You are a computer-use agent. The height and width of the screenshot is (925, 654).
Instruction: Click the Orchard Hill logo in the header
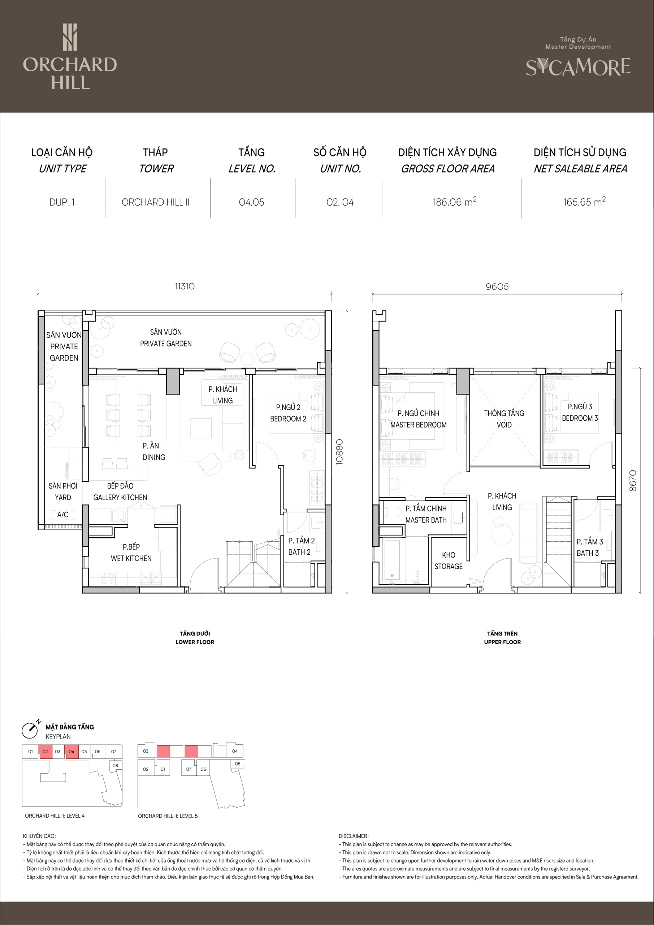[70, 57]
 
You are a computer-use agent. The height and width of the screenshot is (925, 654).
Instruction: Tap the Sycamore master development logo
[578, 57]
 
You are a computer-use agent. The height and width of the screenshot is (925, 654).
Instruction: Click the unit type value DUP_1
[62, 202]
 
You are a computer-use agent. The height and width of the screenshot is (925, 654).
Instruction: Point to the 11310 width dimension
[185, 287]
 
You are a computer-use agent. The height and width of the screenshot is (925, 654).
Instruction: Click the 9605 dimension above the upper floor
[497, 287]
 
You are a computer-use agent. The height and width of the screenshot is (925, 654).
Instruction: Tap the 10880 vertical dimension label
[339, 452]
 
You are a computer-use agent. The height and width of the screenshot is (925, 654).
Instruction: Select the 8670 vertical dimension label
[633, 481]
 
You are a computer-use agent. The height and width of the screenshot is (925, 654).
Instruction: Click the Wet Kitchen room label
[131, 552]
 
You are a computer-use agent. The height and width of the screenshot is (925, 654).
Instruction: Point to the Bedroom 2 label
[288, 413]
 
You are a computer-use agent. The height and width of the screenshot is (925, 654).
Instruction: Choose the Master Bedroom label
[419, 419]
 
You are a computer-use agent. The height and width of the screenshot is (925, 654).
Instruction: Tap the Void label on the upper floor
[504, 419]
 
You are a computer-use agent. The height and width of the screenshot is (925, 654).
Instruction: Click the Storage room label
[449, 560]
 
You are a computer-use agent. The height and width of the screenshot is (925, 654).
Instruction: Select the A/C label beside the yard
[63, 515]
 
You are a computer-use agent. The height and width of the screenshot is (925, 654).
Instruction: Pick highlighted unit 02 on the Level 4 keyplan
[45, 751]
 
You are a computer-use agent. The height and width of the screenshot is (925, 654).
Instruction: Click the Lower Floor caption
[195, 638]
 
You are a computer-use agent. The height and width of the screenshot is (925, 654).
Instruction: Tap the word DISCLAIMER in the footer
[354, 836]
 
